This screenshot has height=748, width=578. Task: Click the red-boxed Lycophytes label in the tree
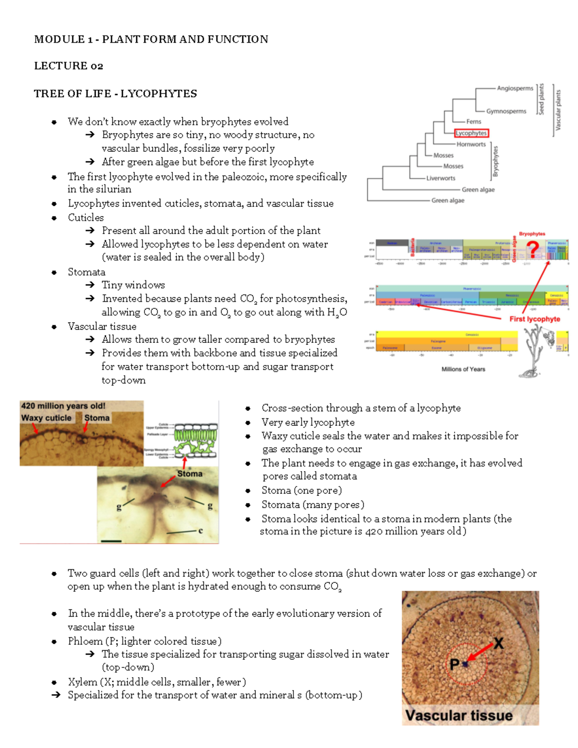tap(472, 133)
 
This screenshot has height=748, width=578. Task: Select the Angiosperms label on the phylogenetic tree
tap(515, 88)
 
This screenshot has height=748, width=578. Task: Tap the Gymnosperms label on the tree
tap(506, 111)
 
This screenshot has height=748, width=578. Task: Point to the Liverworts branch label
tap(441, 178)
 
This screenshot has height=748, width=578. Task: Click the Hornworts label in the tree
tap(471, 144)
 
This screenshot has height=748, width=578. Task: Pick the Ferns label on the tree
tap(473, 122)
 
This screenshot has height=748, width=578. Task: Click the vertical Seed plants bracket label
tap(541, 99)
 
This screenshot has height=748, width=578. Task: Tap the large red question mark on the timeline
tap(532, 249)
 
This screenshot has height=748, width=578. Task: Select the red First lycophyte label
tap(535, 319)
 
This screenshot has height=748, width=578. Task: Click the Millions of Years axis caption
tap(463, 369)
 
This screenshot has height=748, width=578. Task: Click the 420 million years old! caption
tap(63, 406)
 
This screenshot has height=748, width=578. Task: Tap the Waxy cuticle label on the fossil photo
tap(46, 418)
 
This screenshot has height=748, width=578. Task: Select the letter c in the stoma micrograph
tap(201, 530)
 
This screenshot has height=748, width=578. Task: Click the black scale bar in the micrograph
tap(111, 541)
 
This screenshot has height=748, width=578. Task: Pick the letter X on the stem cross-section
tap(498, 643)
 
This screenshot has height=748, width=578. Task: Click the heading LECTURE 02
tap(68, 66)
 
